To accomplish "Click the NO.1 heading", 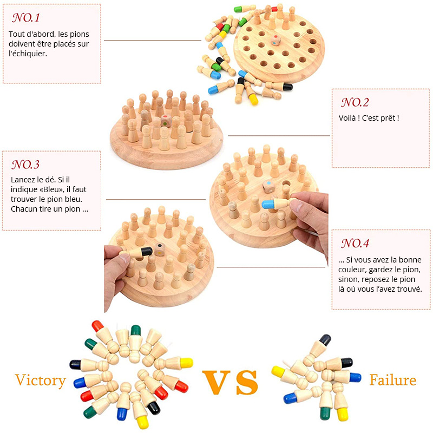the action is tap(26, 18).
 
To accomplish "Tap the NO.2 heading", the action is tap(355, 102).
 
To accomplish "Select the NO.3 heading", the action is tap(25, 165).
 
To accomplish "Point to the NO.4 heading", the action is tap(355, 243).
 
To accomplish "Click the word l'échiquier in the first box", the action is tap(28, 54).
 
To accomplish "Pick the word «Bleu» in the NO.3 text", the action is tap(54, 189).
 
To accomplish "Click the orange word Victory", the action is tap(41, 380).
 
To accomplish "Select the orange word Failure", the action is tap(393, 380).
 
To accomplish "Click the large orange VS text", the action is tap(230, 382).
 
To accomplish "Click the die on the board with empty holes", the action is tap(275, 40).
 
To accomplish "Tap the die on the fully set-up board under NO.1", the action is tap(166, 121).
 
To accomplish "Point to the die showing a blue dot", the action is tap(268, 187).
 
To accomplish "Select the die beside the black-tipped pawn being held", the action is tap(160, 249).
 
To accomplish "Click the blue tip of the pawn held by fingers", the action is tap(267, 204).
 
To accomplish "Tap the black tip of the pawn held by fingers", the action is tap(146, 251).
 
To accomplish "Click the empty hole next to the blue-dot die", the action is tap(286, 183).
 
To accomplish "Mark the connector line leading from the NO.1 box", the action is tap(153, 41).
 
